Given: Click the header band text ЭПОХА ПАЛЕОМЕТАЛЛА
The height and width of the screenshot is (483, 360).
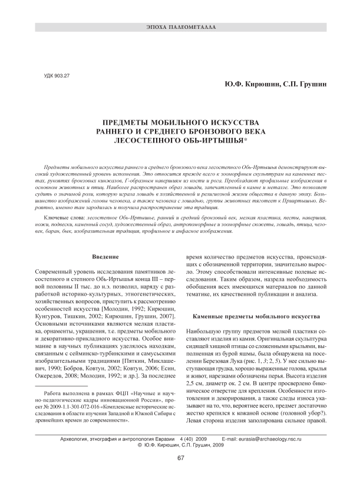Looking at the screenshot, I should tap(180, 28).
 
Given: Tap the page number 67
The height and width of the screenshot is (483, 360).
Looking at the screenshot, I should tap(180, 458).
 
